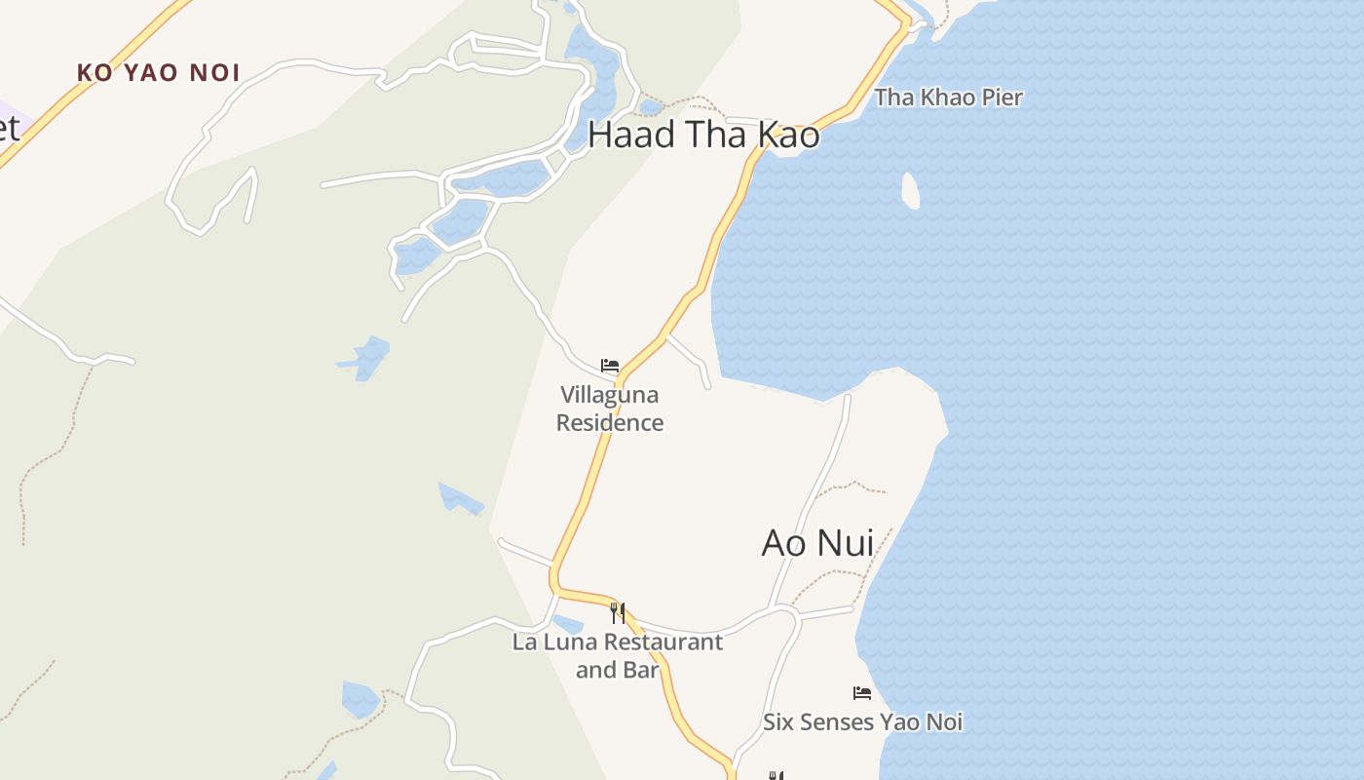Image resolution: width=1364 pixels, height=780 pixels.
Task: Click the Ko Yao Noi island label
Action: [x=158, y=72]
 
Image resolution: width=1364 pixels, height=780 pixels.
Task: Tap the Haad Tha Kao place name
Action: [x=703, y=136]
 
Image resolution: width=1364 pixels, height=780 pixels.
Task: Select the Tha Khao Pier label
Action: [x=948, y=97]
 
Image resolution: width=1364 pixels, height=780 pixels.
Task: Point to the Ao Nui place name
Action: [x=816, y=543]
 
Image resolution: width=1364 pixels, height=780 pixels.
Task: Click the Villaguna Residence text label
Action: [x=610, y=409]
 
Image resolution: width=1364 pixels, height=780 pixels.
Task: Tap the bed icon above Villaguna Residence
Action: [x=610, y=366]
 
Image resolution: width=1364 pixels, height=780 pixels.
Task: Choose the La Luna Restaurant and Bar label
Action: [x=618, y=655]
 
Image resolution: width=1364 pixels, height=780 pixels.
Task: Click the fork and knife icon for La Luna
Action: [x=617, y=612]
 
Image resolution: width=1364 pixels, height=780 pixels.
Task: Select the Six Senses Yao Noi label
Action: [x=862, y=722]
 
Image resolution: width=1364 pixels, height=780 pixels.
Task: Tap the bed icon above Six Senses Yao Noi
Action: [x=861, y=693]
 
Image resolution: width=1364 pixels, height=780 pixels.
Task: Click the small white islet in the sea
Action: [x=911, y=190]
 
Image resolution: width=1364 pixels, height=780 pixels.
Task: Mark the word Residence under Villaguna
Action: [x=610, y=423]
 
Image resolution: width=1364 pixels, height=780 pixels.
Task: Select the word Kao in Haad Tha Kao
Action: [x=788, y=136]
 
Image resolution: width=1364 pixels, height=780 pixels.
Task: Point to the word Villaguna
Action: [x=610, y=395]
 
